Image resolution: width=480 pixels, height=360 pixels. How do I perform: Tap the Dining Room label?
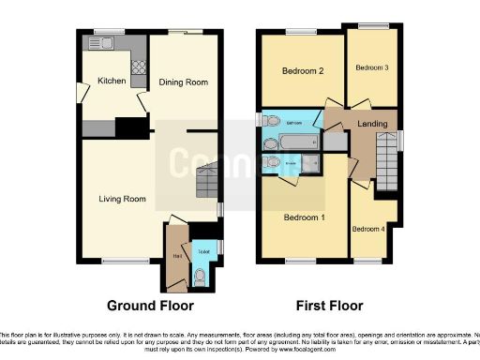coord(182,82)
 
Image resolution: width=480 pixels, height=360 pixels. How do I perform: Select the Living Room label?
coord(123,199)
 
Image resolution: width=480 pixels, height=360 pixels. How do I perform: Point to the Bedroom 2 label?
coord(303,71)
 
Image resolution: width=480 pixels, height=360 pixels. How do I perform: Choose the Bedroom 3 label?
coord(371,67)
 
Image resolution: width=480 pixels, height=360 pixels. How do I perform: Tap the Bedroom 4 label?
coord(367,229)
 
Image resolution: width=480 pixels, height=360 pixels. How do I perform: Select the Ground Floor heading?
coord(150,306)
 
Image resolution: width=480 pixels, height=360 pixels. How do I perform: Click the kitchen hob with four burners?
coord(138,67)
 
